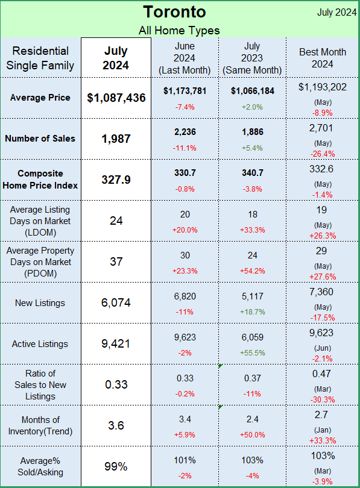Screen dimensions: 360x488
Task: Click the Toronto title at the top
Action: (174, 12)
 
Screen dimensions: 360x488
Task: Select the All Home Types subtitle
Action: (179, 31)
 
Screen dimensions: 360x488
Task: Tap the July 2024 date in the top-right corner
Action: (336, 12)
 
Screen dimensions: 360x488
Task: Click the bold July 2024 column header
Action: (116, 58)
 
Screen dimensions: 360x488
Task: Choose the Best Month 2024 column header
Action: (323, 58)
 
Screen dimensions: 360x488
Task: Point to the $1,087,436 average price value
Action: (116, 98)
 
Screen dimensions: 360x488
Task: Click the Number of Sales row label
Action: (40, 139)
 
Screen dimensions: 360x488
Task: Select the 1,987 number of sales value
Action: (116, 139)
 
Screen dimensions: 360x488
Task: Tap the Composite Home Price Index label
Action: (40, 180)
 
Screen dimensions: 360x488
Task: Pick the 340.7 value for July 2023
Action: (253, 173)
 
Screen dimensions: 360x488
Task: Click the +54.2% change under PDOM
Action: (252, 271)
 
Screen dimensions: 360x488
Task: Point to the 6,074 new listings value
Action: (116, 302)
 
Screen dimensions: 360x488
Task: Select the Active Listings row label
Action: (40, 344)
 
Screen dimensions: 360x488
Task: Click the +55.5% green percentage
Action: (253, 353)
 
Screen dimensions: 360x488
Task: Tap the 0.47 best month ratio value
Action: (321, 374)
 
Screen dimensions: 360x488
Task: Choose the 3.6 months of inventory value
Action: (116, 425)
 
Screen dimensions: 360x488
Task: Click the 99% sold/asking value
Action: (116, 466)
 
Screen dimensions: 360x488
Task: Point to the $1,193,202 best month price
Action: (323, 87)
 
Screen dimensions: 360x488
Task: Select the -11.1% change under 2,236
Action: (185, 148)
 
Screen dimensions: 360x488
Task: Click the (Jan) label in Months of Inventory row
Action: (323, 430)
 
